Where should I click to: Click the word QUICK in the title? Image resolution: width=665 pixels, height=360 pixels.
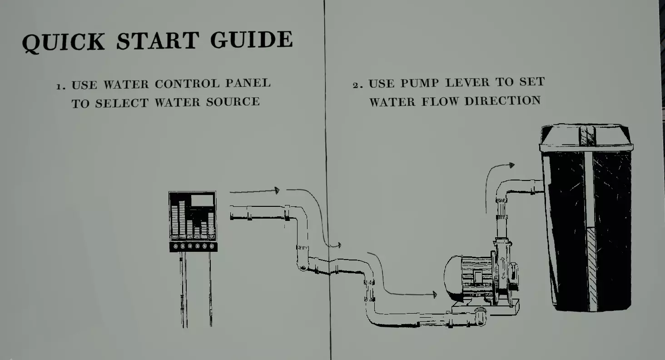[63, 42]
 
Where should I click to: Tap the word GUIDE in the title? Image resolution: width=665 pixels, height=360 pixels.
[252, 39]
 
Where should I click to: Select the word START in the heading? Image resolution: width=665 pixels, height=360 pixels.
[158, 40]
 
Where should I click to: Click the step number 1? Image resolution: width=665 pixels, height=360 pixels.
[60, 86]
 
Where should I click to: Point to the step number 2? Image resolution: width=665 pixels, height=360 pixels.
[358, 85]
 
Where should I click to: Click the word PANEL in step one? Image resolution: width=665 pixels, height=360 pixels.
[248, 83]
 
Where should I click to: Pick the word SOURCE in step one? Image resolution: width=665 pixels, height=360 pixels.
[233, 102]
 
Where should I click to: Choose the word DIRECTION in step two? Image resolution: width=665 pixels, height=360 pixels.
[502, 101]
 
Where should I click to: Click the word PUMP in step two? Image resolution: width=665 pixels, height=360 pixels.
[419, 83]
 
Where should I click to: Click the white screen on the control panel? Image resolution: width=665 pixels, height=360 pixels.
[202, 200]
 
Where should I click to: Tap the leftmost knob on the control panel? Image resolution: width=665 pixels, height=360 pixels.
[175, 246]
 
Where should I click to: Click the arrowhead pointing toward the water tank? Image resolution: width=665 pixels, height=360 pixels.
[512, 165]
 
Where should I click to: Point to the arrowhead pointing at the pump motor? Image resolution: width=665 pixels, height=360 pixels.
[435, 295]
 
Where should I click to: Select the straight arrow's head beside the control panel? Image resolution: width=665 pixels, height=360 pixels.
[277, 190]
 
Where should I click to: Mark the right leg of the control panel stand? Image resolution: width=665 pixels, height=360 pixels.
[210, 289]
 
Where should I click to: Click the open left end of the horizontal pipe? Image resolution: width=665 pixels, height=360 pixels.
[232, 213]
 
